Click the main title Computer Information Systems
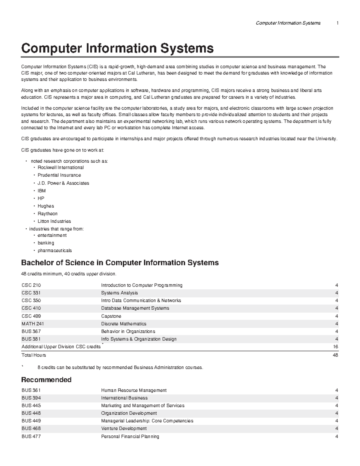click(x=117, y=48)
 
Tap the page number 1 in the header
click(x=337, y=23)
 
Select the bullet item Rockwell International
click(x=61, y=167)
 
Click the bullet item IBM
click(x=42, y=191)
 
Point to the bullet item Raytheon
click(x=47, y=214)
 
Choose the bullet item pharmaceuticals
click(x=55, y=251)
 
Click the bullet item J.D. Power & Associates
click(x=63, y=183)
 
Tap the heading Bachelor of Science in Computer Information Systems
click(x=120, y=263)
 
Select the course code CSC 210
click(x=31, y=285)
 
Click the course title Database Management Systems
click(x=135, y=308)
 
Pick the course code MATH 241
click(x=33, y=324)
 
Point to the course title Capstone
click(x=111, y=316)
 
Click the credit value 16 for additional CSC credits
click(x=335, y=347)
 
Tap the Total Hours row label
click(x=34, y=355)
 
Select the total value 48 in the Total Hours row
click(x=335, y=355)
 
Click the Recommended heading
click(x=46, y=380)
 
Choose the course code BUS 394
click(x=31, y=398)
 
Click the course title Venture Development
click(x=124, y=428)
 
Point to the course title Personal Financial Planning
click(x=130, y=437)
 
